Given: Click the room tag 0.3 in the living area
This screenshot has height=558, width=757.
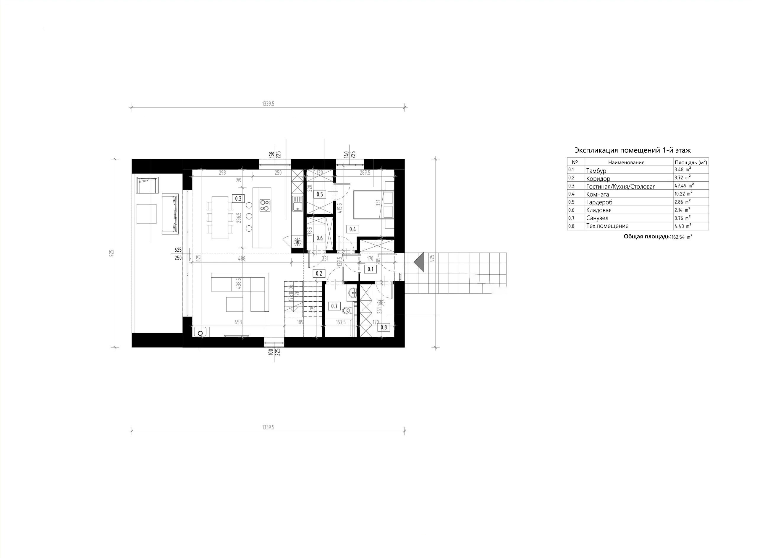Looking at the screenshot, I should coord(238,199).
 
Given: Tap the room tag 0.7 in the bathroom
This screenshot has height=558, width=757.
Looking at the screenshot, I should coord(334,306).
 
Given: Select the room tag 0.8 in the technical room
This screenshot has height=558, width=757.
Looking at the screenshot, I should coord(384,327).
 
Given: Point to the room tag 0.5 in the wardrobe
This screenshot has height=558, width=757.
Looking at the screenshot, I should coord(319,194).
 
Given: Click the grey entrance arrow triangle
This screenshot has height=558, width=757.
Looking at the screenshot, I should coord(419,262).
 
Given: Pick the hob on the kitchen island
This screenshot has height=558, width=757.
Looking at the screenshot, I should coord(265,205).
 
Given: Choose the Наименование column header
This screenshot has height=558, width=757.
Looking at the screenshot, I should coord(626,162).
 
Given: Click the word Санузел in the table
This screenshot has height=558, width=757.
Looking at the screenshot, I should coord(597,218).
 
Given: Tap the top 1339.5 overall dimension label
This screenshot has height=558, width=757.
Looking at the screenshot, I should coord(268,104).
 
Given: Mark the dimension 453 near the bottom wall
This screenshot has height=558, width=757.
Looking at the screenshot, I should coord(238,323).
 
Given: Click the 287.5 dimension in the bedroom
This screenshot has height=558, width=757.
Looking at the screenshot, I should coord(365,173).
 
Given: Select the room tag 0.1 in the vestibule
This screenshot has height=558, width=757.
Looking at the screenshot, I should coord(371,269).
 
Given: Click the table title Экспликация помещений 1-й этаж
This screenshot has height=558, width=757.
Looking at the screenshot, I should coord(633,150).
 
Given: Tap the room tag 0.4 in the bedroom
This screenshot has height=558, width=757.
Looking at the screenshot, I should coord(352,229).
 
